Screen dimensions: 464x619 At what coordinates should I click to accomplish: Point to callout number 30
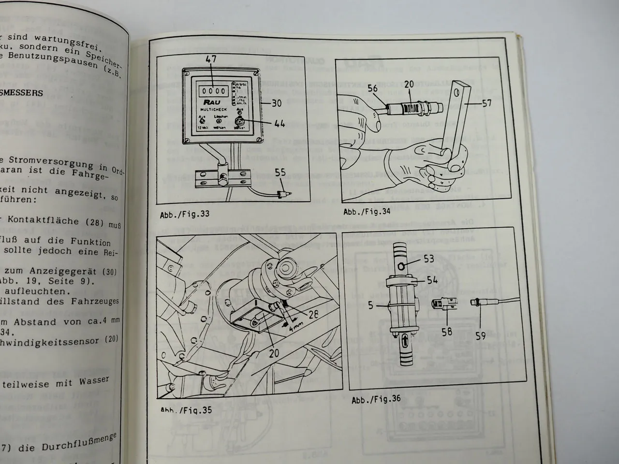276,102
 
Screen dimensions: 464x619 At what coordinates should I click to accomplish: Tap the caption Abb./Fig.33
185,214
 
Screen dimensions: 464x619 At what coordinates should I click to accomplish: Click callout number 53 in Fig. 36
429,259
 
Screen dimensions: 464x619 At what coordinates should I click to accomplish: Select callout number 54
432,280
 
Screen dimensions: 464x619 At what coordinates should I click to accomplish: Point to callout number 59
480,334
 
